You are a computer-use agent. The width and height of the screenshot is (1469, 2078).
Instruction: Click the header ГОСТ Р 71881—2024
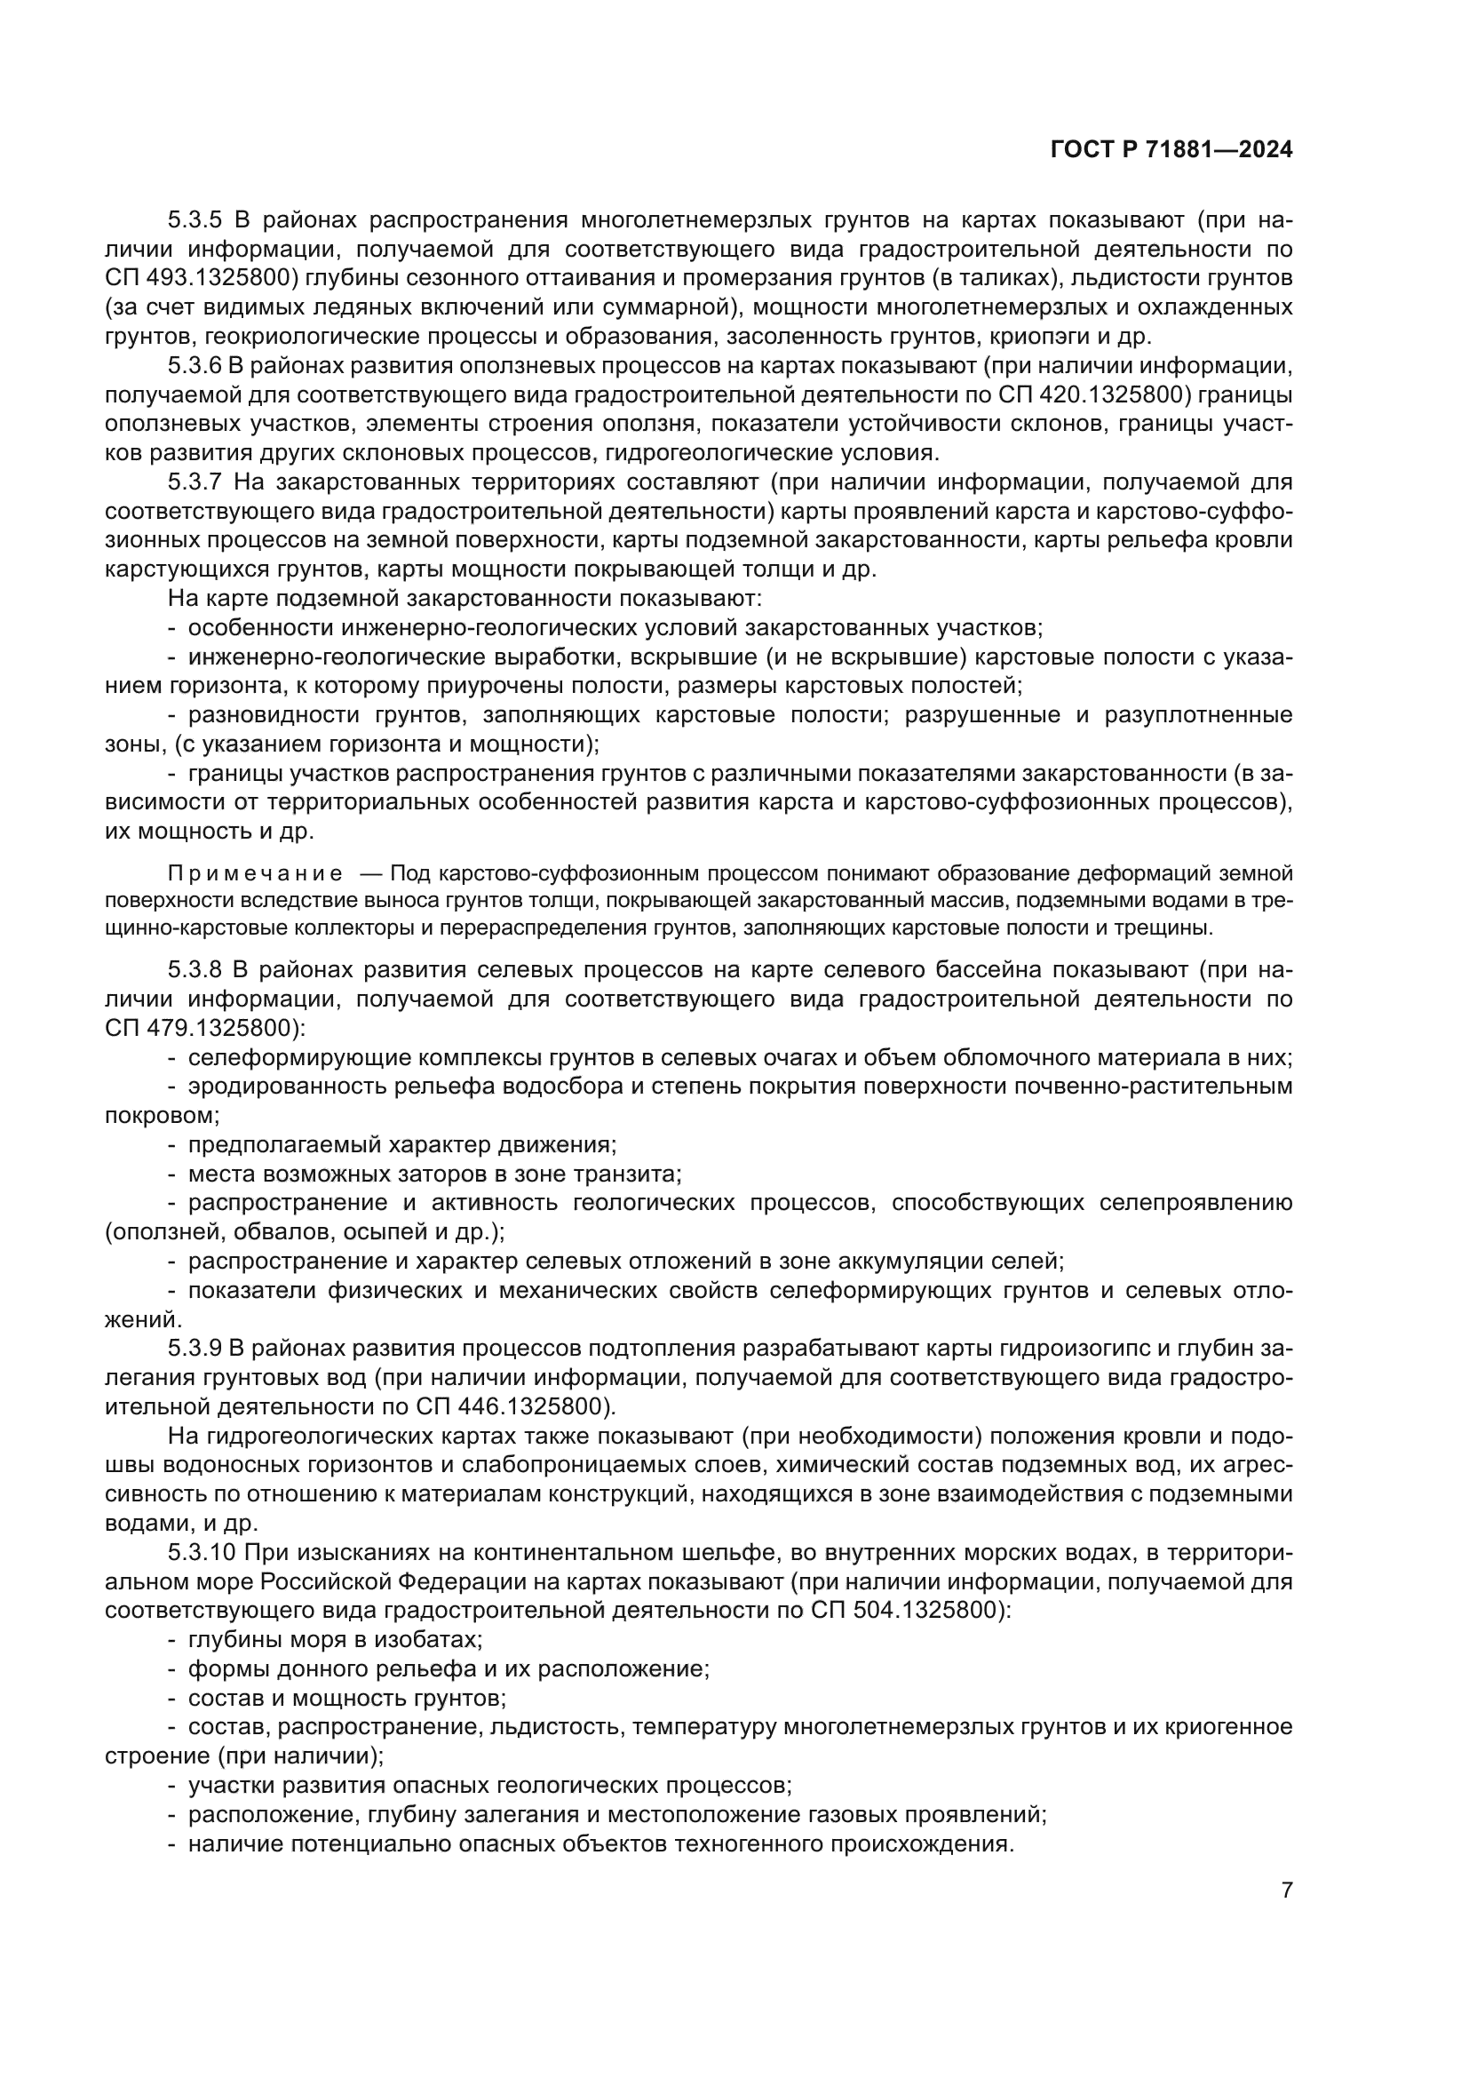coord(1171,150)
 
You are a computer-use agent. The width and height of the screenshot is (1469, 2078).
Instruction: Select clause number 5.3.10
coord(201,1553)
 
